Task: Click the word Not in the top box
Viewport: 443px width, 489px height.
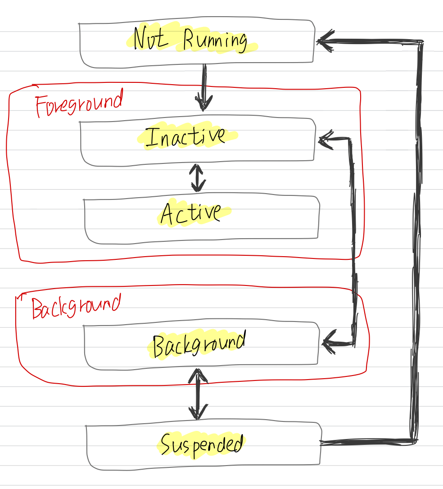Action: (x=150, y=39)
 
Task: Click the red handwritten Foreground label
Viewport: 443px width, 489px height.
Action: (x=78, y=103)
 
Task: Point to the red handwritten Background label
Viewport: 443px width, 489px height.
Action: (x=76, y=307)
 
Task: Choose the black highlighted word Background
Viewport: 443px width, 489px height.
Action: (x=199, y=344)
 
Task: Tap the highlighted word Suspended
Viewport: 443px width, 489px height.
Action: (x=202, y=445)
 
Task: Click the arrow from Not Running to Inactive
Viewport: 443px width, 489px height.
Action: (x=204, y=87)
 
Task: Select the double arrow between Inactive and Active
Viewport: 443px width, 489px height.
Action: (x=197, y=178)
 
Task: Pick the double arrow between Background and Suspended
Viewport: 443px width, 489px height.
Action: (x=197, y=394)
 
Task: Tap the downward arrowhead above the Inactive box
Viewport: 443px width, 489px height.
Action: (x=203, y=103)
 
